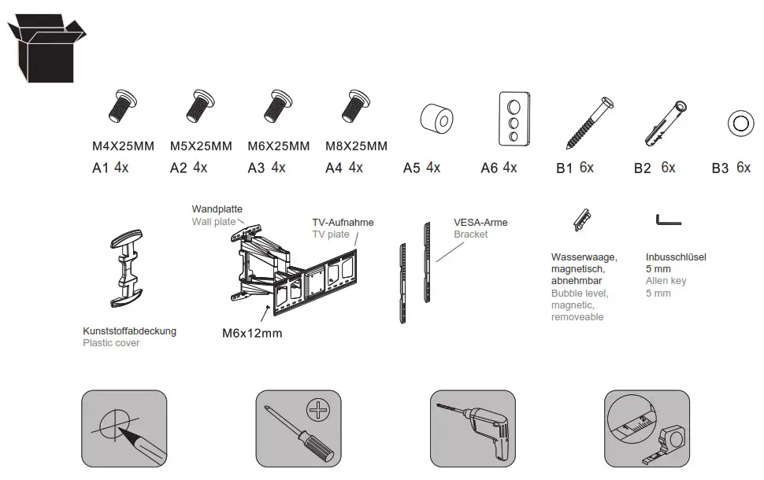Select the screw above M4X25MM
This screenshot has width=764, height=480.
click(122, 107)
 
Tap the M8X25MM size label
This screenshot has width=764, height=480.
click(356, 146)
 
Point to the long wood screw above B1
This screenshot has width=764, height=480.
click(590, 123)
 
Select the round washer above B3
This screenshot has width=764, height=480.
click(740, 123)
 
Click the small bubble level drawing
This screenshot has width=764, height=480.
click(582, 220)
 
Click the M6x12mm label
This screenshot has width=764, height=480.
click(252, 334)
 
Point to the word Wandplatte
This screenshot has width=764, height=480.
click(217, 209)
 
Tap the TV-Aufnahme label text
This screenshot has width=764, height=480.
click(343, 223)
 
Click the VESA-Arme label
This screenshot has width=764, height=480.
click(480, 223)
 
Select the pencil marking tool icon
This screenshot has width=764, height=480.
click(124, 432)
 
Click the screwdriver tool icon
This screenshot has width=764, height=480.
click(299, 432)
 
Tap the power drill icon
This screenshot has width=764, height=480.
click(473, 432)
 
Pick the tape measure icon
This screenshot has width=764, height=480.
click(647, 432)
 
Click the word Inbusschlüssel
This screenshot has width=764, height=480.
click(676, 257)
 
